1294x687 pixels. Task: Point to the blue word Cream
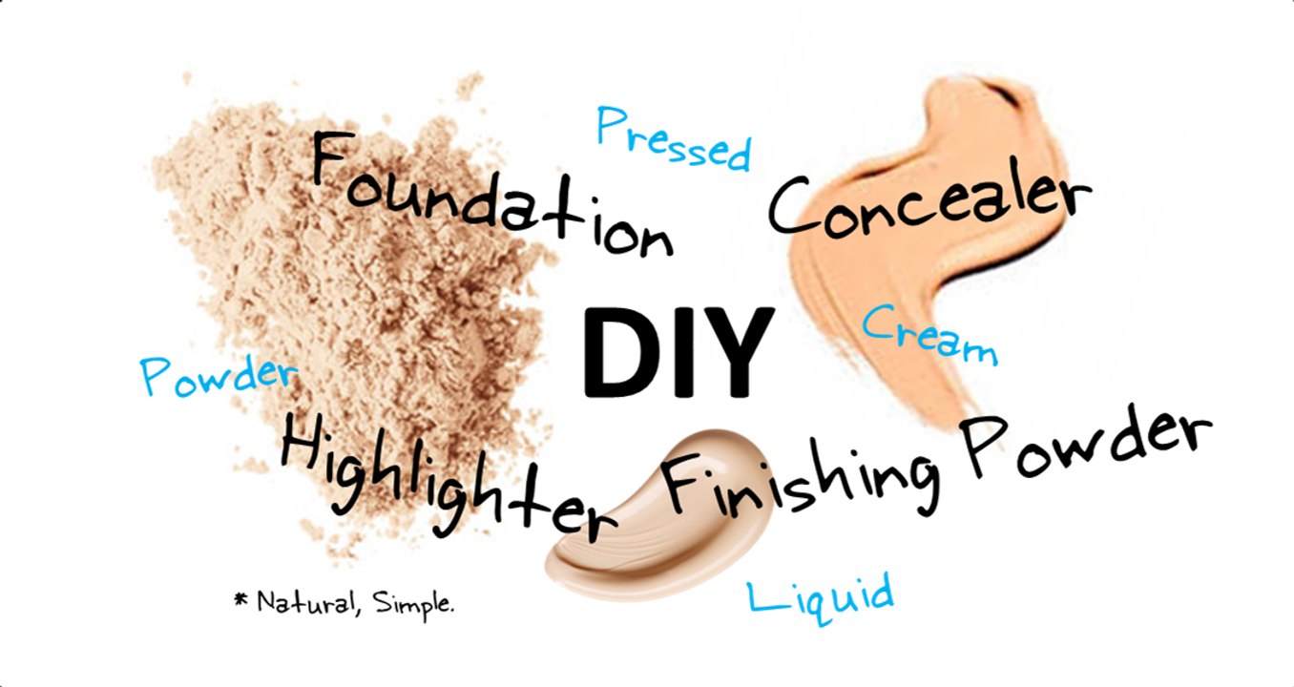point(929,335)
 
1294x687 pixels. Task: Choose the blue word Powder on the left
point(218,374)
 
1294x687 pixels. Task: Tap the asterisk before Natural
point(240,599)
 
